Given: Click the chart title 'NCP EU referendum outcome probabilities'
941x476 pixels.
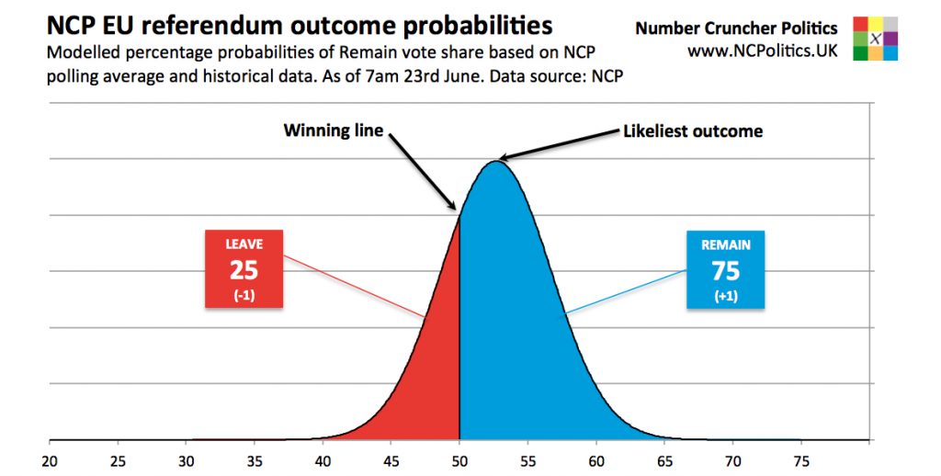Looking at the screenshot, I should tap(300, 25).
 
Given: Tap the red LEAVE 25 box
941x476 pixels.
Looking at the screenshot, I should tap(244, 268).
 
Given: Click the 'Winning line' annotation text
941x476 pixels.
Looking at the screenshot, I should tap(332, 130).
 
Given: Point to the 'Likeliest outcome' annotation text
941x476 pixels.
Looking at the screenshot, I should tap(693, 130).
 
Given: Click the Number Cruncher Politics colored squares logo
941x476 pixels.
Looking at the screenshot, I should tap(874, 39).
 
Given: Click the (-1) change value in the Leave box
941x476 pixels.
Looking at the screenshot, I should tap(244, 295).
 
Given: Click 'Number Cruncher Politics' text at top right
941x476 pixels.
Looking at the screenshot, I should tap(736, 28).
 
